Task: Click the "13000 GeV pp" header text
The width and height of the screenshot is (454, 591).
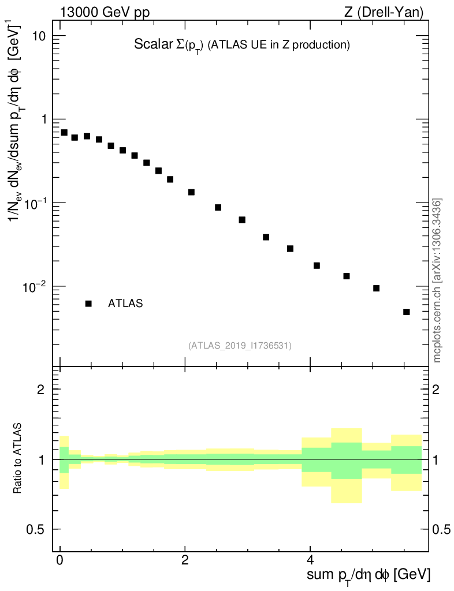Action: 101,12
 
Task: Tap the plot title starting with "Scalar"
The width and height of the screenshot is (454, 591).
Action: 242,44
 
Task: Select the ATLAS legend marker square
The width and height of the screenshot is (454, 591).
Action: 88,304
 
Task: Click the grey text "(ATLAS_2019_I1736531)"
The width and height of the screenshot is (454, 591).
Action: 240,346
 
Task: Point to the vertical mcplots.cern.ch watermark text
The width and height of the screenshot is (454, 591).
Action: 437,280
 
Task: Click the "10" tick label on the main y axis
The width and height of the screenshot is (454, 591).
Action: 39,36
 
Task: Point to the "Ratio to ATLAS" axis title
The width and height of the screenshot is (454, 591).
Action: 18,459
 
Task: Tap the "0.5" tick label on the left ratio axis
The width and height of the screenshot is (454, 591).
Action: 36,529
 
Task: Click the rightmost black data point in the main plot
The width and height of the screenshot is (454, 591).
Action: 407,312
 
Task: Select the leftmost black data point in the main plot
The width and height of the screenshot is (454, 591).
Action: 64,132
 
